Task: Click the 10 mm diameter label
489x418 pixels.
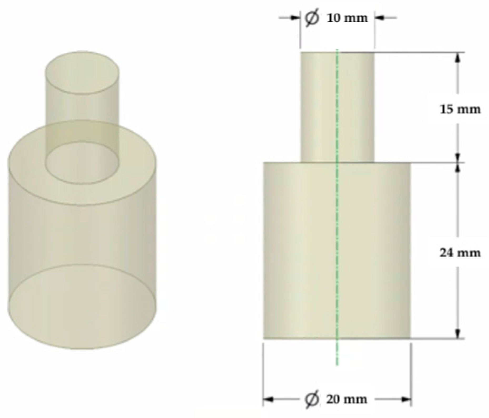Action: tap(347, 18)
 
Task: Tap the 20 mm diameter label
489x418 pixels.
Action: tap(347, 400)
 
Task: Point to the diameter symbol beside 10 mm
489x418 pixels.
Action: tap(312, 18)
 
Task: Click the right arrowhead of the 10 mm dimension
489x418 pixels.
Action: tap(379, 18)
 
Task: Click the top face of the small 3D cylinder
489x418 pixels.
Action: tap(82, 72)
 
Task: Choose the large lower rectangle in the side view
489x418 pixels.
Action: tap(337, 250)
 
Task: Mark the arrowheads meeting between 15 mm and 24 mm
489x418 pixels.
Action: tap(458, 162)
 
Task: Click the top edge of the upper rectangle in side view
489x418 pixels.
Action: tap(337, 52)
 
